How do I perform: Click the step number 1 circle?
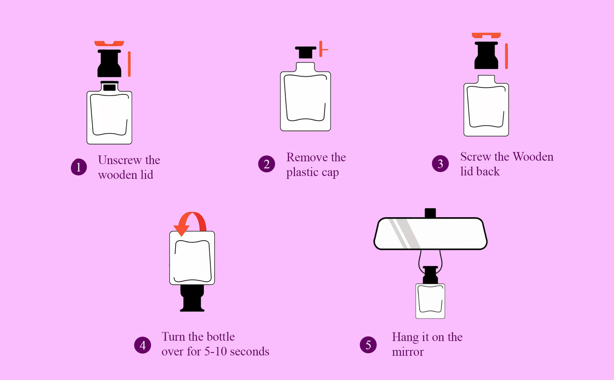[x=79, y=167]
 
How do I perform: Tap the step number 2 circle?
[x=266, y=164]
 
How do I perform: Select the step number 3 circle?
[x=440, y=164]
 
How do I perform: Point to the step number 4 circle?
[x=142, y=345]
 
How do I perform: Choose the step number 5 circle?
[x=368, y=345]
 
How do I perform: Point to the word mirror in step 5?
[x=407, y=352]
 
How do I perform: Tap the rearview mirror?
[x=430, y=233]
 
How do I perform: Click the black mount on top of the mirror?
[x=430, y=213]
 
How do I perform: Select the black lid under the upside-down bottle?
[x=192, y=298]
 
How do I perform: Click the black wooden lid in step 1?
[x=109, y=64]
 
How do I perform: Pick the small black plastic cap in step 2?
[x=306, y=53]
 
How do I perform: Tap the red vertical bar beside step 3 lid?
[x=506, y=56]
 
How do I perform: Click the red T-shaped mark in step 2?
[x=323, y=49]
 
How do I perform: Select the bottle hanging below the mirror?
[x=430, y=301]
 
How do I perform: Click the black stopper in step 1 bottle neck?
[x=109, y=87]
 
